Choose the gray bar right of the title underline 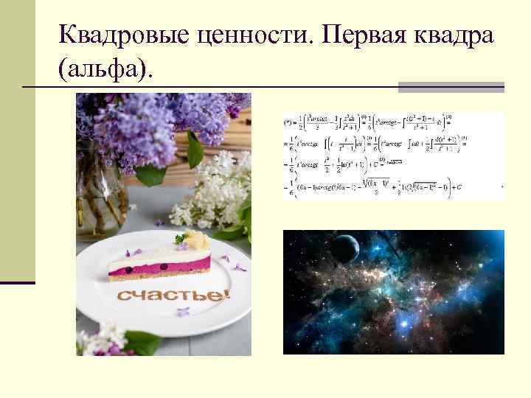(x=451, y=88)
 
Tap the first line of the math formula (x=391, y=119)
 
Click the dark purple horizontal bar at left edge (x=18, y=282)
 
